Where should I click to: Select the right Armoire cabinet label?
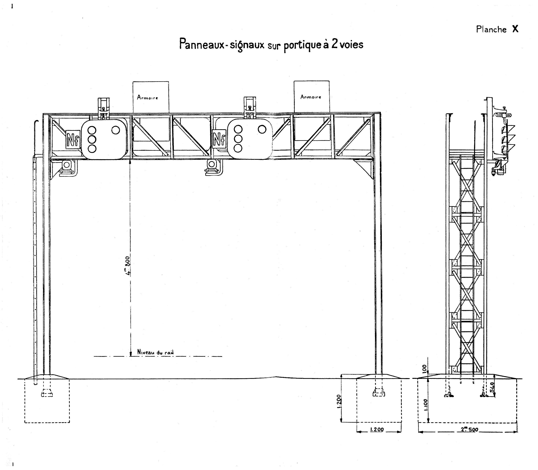point(311,97)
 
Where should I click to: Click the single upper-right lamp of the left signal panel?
point(116,130)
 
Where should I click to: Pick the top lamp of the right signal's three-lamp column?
point(238,129)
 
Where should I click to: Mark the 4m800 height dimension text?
point(127,265)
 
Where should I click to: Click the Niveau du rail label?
point(155,352)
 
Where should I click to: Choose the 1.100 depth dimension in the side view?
point(426,404)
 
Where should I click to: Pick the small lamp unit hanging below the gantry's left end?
point(67,168)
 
